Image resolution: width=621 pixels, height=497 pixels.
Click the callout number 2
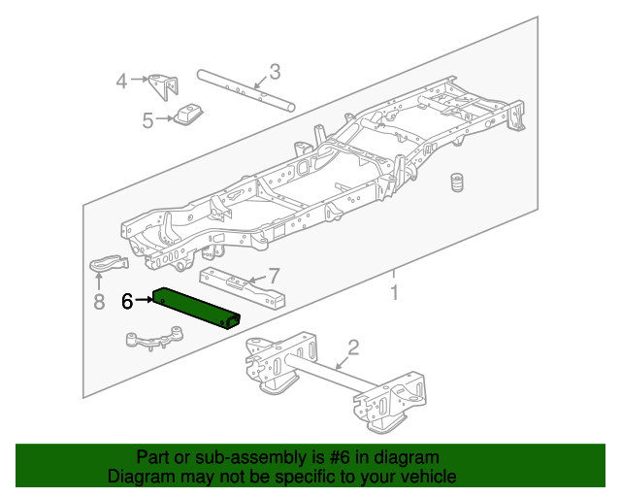click(x=353, y=348)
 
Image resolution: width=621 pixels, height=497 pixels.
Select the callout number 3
click(x=275, y=71)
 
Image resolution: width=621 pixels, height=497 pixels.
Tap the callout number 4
click(x=121, y=81)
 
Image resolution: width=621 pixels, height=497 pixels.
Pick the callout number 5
click(x=147, y=120)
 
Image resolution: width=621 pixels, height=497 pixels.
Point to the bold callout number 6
click(x=127, y=301)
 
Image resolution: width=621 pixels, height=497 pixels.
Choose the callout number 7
click(x=274, y=276)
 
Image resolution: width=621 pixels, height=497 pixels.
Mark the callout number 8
click(x=98, y=302)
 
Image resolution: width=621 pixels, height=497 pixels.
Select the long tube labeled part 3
click(x=243, y=89)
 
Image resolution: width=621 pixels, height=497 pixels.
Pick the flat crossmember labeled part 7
click(x=243, y=285)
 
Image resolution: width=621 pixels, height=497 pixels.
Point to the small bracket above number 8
click(x=109, y=263)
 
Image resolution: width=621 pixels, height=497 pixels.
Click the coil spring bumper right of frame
click(x=454, y=183)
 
